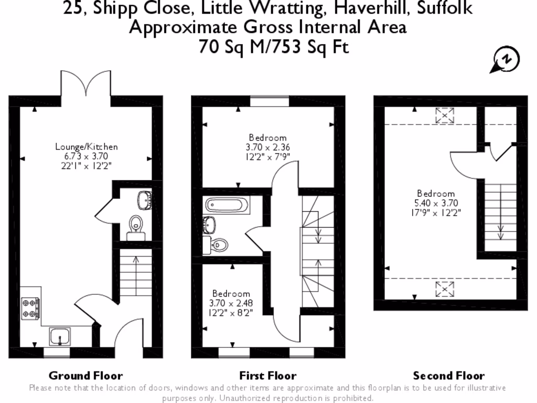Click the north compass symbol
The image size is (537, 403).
tap(506, 60)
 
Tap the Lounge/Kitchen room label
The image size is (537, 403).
tap(87, 147)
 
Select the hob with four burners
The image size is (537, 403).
tap(30, 308)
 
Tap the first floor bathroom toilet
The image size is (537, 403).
tap(219, 245)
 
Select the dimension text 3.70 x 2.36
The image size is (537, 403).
tap(267, 147)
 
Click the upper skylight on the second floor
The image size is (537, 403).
tap(445, 115)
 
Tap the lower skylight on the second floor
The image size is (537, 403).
tap(445, 288)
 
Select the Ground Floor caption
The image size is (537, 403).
tap(85, 376)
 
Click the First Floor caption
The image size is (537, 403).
tap(267, 376)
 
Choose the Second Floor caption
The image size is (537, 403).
tap(449, 376)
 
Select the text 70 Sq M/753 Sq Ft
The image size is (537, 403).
tap(267, 47)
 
